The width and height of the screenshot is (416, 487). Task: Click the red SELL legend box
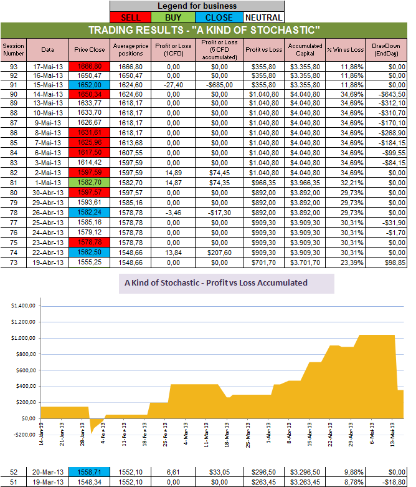(131, 17)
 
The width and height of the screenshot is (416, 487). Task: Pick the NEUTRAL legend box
(262, 17)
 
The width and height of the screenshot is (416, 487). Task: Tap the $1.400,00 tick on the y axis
(24, 306)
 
